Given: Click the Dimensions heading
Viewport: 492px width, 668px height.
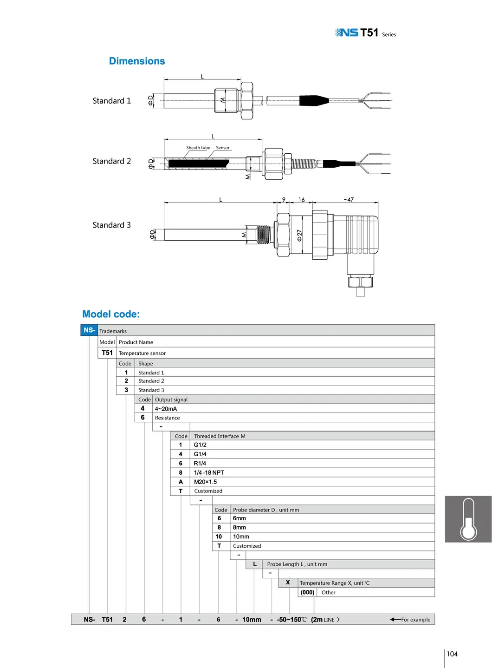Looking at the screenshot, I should tap(137, 61).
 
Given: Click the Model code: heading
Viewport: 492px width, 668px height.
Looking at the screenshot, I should tap(111, 314).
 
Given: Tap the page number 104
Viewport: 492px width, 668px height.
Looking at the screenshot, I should tap(452, 654).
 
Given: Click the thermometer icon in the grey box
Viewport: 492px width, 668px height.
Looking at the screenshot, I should tap(468, 519).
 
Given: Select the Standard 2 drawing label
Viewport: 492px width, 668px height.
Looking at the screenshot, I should tap(111, 161).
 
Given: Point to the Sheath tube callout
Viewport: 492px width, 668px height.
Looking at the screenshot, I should tap(198, 148).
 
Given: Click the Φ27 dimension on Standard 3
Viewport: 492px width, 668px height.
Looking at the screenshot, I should tap(299, 236).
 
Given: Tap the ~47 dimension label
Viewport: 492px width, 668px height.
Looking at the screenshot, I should tap(349, 200).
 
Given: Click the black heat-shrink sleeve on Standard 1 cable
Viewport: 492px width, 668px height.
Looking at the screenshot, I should tap(314, 100).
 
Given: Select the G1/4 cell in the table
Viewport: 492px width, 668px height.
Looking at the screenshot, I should tap(200, 454).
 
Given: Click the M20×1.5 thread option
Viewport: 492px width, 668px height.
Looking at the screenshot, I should tap(205, 482).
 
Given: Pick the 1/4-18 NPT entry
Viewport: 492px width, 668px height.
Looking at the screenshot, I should tap(209, 472).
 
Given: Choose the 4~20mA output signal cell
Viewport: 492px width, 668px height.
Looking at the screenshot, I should tap(166, 409).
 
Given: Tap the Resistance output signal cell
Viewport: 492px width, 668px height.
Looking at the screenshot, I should tap(167, 418).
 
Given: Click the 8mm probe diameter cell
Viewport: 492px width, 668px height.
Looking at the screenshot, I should tap(239, 527).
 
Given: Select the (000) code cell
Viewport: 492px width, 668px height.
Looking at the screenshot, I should tap(307, 592).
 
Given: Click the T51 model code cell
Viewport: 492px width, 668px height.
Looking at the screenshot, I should tap(107, 353).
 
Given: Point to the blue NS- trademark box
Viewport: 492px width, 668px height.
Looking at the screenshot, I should tap(89, 330).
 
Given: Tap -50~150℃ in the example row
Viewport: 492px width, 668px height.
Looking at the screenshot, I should tap(291, 619).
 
